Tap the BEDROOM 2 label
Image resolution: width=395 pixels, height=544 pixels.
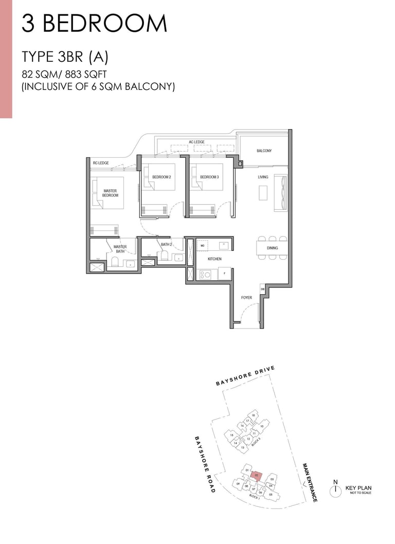click(161, 177)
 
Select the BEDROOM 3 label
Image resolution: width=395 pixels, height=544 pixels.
click(209, 177)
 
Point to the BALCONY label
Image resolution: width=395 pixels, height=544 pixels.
click(264, 151)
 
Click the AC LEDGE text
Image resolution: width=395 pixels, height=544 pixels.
click(197, 141)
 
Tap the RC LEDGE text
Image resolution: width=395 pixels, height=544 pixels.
click(101, 163)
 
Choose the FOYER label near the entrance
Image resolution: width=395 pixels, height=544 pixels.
click(246, 298)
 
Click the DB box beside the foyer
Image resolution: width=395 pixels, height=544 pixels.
click(263, 289)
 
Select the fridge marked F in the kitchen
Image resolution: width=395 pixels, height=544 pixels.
click(225, 274)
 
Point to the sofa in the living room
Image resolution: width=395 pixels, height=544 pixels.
click(281, 193)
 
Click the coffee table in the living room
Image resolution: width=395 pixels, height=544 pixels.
click(262, 193)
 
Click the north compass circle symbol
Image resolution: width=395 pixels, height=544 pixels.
click(335, 488)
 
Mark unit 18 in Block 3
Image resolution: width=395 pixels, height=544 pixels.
click(254, 415)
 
